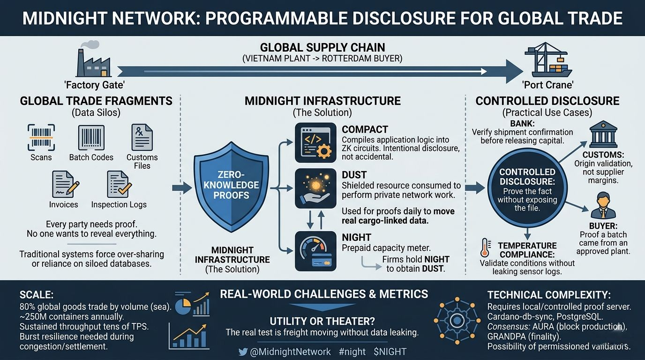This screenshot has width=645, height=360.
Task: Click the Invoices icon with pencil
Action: (64, 184)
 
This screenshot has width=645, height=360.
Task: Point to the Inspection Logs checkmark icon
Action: (118, 184)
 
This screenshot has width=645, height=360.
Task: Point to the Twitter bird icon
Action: (243, 352)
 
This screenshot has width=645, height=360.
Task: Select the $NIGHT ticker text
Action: (390, 352)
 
